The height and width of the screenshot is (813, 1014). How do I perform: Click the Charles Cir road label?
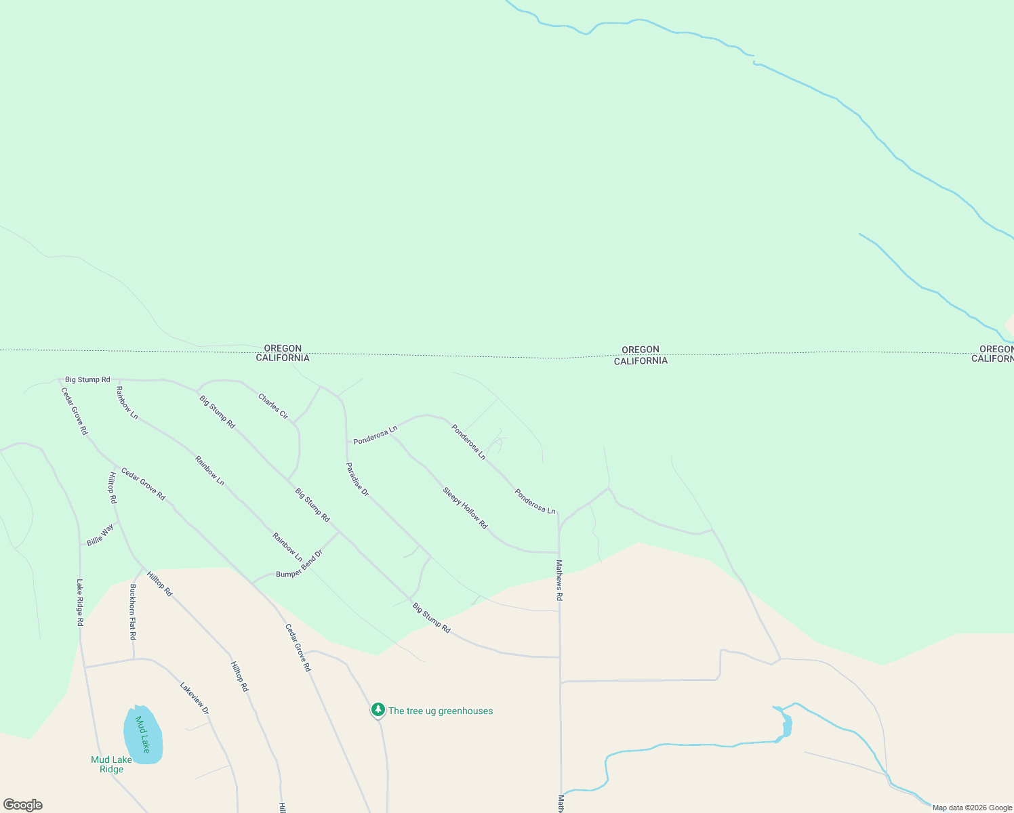273,406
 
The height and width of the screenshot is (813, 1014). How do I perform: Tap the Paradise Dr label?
357,480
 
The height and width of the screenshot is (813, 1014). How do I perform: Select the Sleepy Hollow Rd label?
465,508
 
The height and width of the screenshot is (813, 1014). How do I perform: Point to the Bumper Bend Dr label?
300,564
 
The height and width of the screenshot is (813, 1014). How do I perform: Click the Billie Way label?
100,535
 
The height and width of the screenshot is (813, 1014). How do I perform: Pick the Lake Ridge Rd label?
80,602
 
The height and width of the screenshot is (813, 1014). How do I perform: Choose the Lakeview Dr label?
194,698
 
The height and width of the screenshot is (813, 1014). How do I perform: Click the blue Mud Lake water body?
143,735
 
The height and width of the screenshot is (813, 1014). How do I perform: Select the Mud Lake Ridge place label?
112,764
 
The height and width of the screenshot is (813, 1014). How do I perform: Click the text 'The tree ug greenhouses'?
441,711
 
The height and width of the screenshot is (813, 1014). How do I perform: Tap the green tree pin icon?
378,710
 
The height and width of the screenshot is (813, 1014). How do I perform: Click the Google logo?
23,805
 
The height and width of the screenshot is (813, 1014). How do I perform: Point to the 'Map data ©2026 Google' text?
972,808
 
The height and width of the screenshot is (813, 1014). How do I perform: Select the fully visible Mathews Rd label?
559,580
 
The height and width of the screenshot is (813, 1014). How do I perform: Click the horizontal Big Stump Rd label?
87,379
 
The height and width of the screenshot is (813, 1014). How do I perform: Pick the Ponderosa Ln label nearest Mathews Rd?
535,501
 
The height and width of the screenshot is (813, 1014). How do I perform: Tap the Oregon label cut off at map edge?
996,349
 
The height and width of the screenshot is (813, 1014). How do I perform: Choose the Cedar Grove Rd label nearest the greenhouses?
298,648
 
